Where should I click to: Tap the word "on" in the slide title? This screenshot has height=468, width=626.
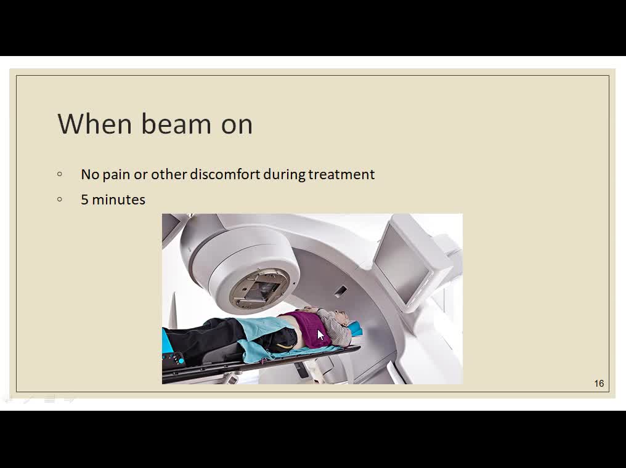coord(237,126)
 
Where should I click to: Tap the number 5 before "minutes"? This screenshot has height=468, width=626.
coord(84,200)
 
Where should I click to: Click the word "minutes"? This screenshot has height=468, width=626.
coord(118,200)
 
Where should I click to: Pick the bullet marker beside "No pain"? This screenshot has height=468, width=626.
coord(60,174)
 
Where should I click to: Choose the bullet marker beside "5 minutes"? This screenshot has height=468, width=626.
coord(60,199)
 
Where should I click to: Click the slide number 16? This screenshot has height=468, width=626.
coord(599,384)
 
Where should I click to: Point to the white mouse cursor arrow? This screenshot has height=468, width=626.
coord(320,334)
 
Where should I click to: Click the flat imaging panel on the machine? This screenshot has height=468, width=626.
coord(403,261)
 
